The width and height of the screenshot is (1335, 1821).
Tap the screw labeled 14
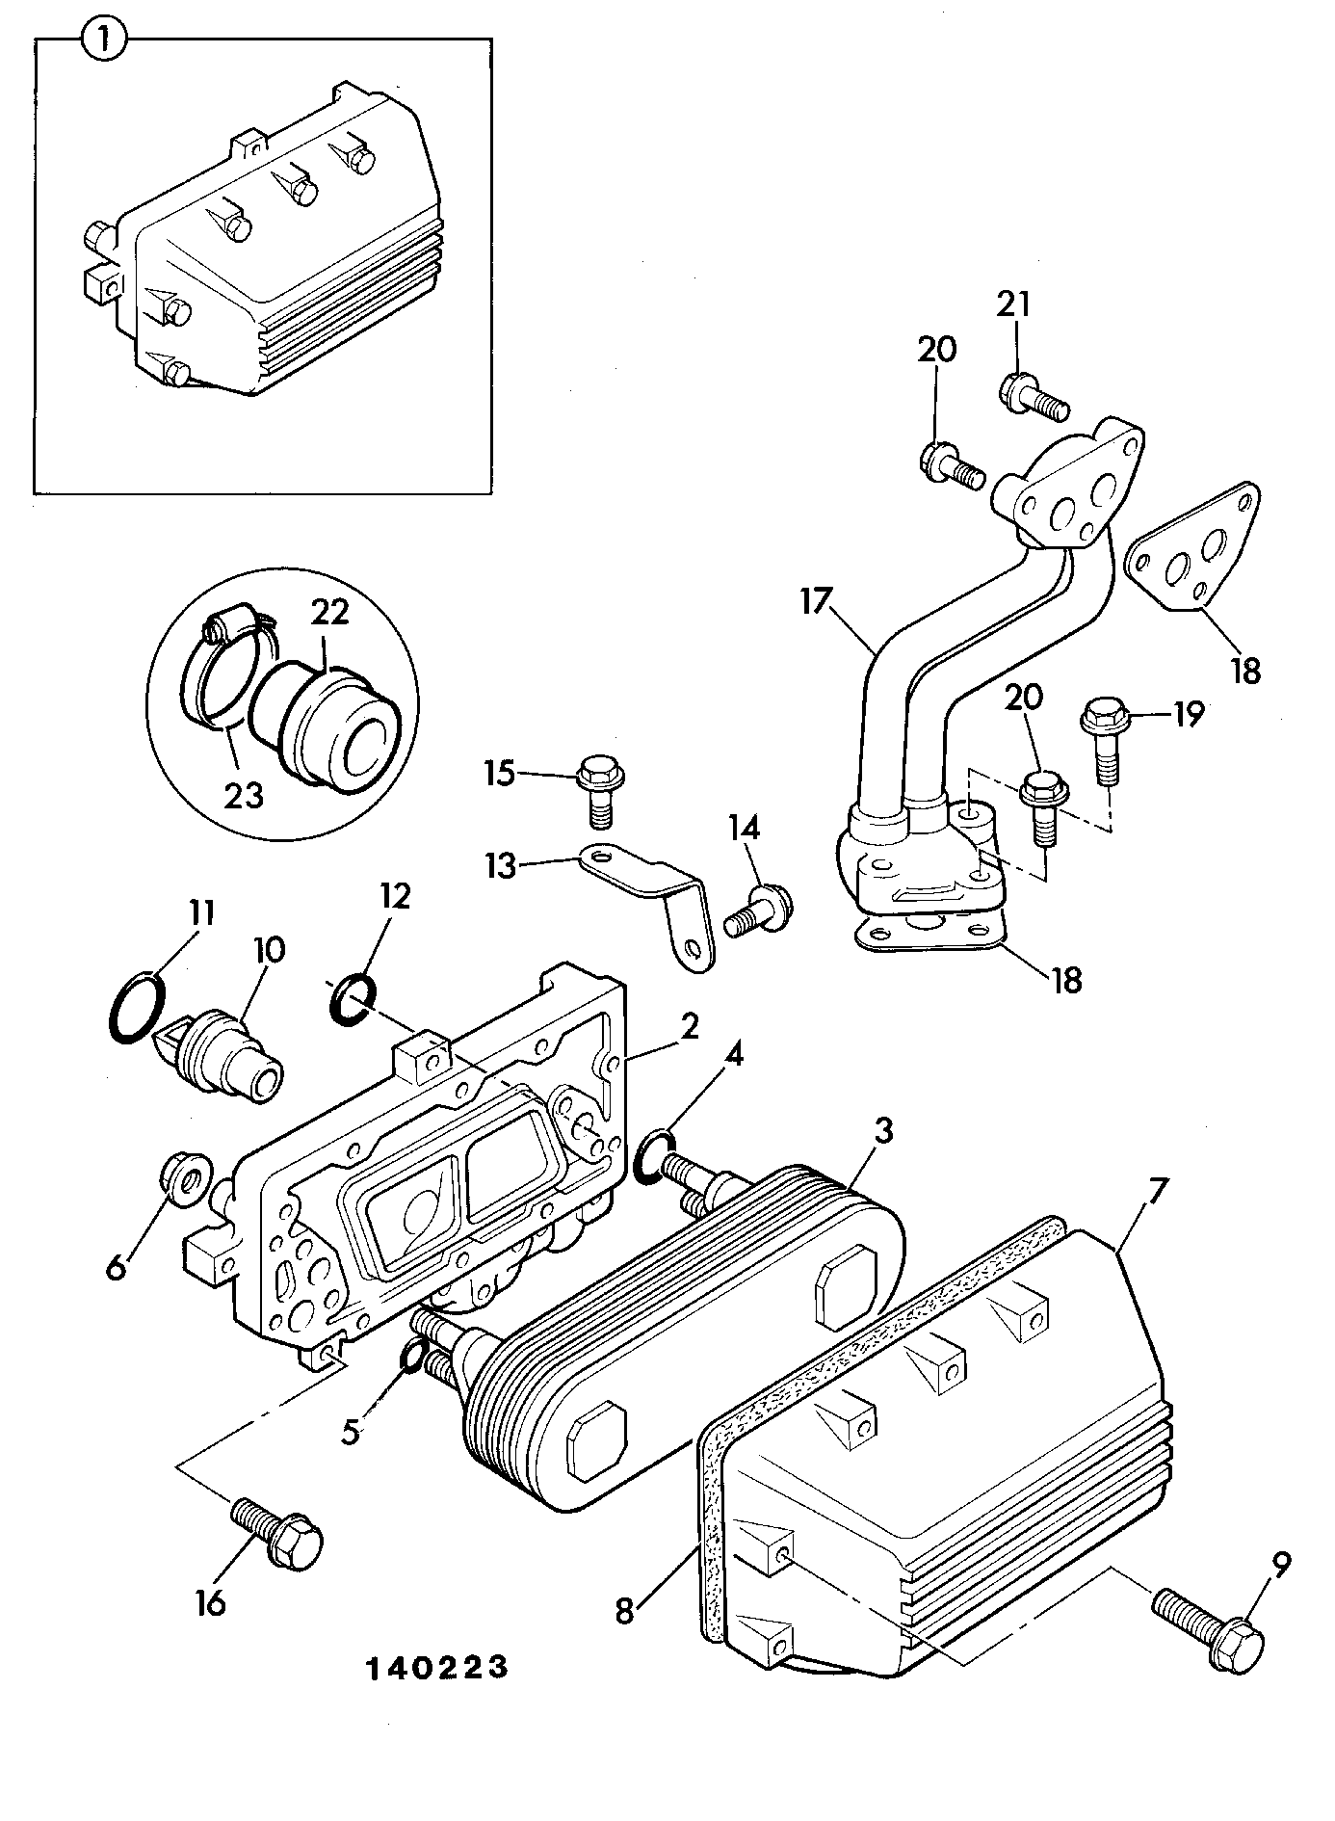coord(762,910)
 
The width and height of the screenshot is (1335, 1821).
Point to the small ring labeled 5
coord(410,1356)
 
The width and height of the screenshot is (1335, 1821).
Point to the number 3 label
coord(883,1131)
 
